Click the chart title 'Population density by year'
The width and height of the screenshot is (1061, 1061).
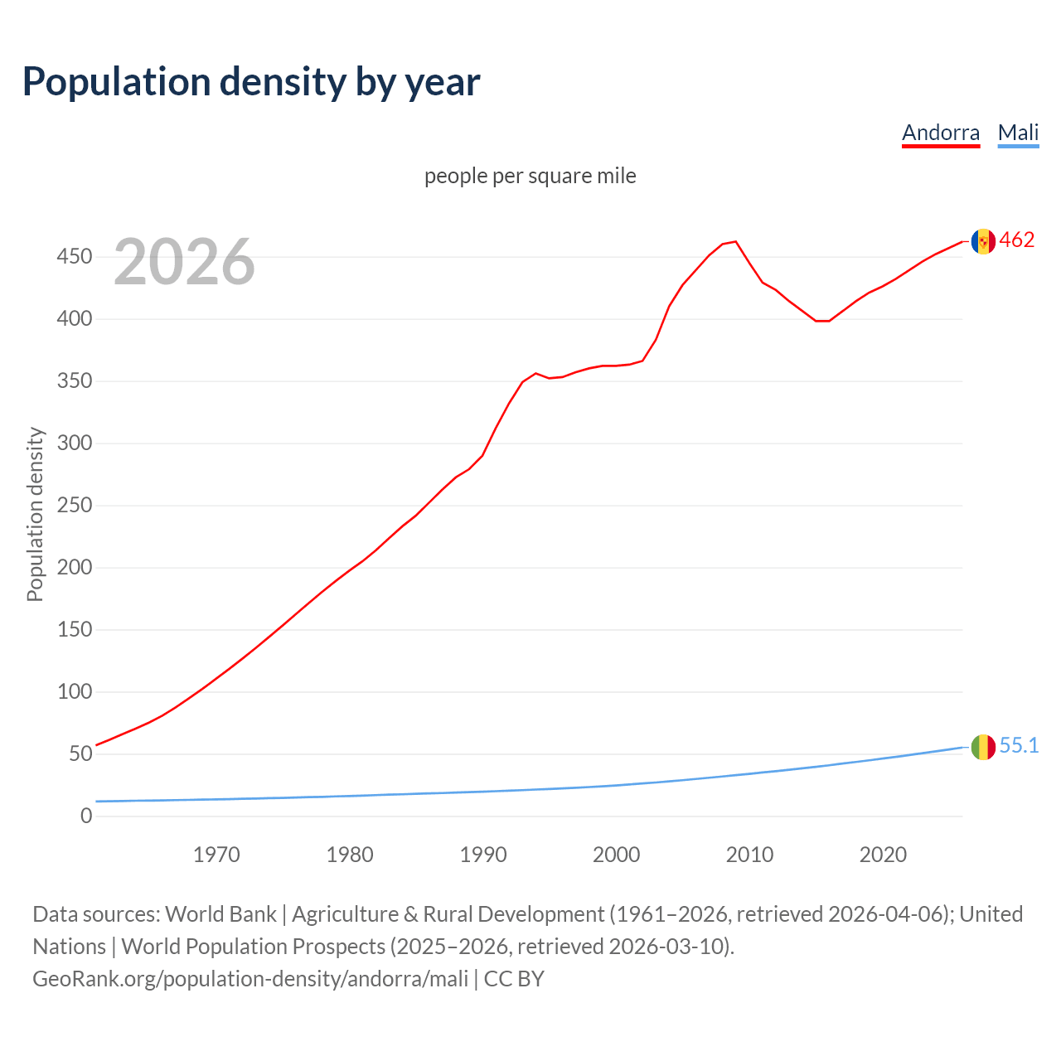(x=251, y=82)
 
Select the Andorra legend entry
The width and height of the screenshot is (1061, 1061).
(x=940, y=133)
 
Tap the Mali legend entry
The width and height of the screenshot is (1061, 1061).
(x=1018, y=133)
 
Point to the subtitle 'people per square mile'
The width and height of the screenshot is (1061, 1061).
(x=530, y=176)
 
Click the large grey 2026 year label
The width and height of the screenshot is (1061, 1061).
(x=184, y=262)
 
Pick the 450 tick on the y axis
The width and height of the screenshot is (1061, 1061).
(x=74, y=257)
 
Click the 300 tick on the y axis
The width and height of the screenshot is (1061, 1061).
(x=74, y=443)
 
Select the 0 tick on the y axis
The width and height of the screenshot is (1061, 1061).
(x=86, y=816)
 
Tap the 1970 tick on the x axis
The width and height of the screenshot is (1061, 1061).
(x=216, y=855)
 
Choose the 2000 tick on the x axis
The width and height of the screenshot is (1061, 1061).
(x=616, y=855)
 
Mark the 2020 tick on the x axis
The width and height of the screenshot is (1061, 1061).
(x=883, y=855)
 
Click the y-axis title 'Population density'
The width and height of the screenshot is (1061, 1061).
(x=35, y=514)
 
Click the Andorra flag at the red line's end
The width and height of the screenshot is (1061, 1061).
(x=983, y=241)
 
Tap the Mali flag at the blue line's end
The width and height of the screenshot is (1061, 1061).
(x=983, y=747)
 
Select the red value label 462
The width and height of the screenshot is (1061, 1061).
(x=1017, y=240)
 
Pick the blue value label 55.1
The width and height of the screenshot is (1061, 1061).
(x=1019, y=746)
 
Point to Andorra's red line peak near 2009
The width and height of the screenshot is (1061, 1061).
(x=735, y=242)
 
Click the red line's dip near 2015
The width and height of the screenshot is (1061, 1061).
(x=821, y=321)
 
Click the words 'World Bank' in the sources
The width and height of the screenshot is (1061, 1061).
(x=220, y=914)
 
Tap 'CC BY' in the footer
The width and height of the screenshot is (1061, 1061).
(x=514, y=979)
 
